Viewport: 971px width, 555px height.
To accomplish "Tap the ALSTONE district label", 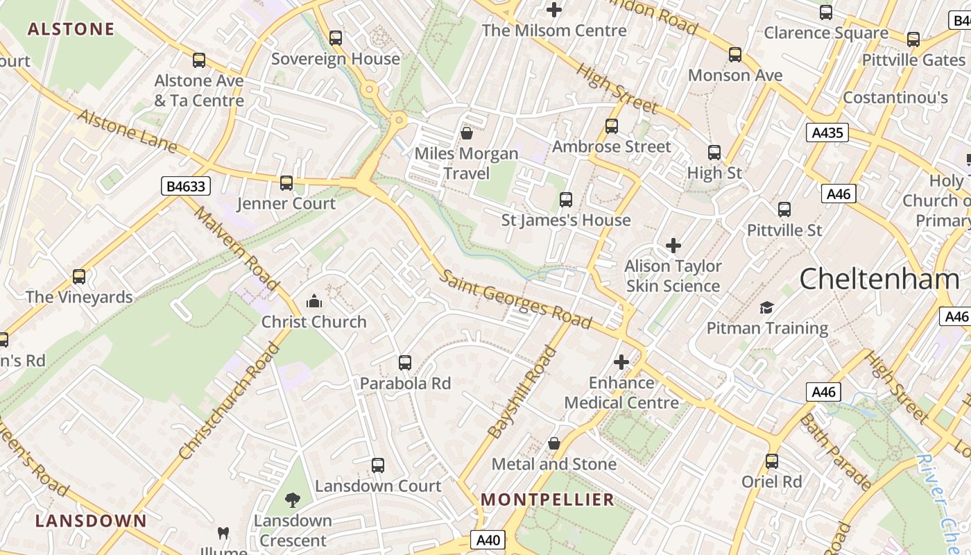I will (71, 29).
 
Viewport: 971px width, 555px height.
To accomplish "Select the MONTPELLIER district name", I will (548, 499).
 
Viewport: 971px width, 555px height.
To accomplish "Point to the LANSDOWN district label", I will (92, 520).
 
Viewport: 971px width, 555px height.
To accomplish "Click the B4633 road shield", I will (186, 186).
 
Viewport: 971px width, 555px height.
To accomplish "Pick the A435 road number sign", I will (827, 133).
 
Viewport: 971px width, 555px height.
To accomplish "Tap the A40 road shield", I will (488, 540).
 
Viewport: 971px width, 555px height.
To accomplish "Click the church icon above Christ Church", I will (314, 301).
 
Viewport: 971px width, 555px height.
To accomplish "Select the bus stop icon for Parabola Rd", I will (405, 362).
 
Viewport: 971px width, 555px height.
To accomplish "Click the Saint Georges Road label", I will (517, 298).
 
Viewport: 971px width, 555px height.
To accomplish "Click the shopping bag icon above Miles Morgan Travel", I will (467, 133).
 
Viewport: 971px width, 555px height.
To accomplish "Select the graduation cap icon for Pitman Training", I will (766, 307).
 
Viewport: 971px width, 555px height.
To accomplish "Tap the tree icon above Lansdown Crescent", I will (293, 499).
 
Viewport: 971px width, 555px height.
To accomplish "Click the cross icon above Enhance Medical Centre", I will (621, 362).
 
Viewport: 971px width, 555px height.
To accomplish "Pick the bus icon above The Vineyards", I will (79, 277).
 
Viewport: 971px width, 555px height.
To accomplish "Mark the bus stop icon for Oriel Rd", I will (772, 461).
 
